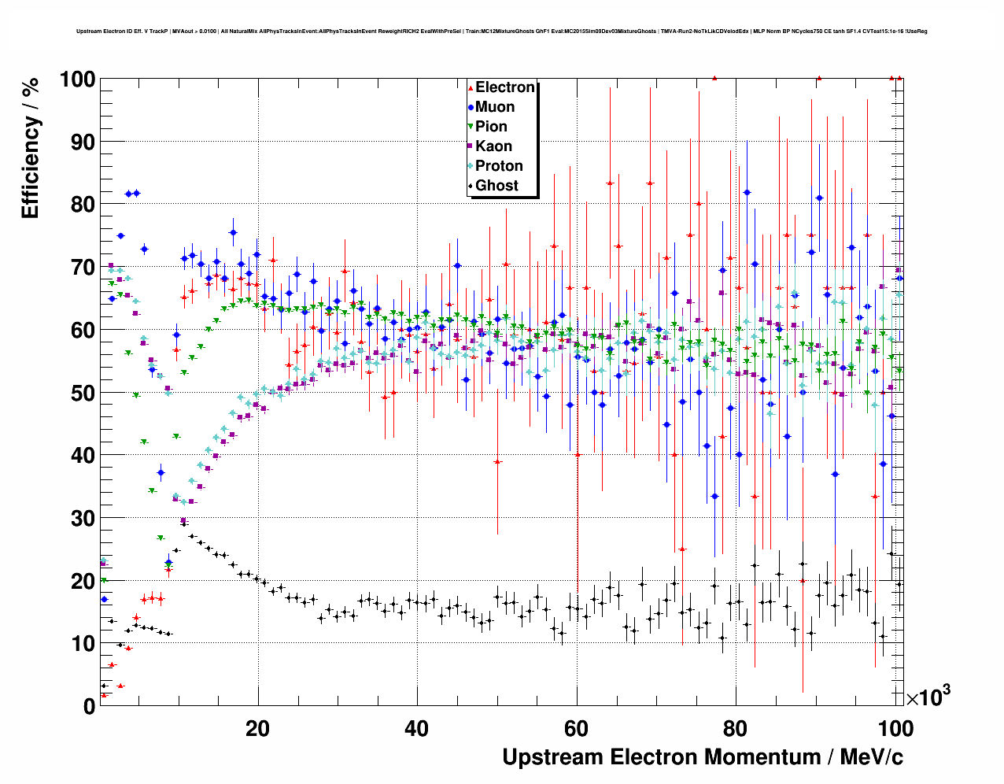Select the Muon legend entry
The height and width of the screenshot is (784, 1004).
pos(495,107)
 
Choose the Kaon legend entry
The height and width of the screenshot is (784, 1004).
pos(493,146)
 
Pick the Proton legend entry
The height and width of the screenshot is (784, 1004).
pos(499,166)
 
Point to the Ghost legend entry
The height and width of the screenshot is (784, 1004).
pos(496,186)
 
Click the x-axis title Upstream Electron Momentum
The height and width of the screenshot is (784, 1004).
pos(702,757)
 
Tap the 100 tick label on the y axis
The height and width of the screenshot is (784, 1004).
pos(77,80)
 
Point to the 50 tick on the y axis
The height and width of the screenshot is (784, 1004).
pos(83,393)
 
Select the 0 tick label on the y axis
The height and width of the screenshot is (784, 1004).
pos(89,706)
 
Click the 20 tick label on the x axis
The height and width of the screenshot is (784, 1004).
pos(258,728)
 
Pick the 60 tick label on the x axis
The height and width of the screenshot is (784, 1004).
pos(577,728)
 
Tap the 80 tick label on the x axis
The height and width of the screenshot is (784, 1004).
pos(736,728)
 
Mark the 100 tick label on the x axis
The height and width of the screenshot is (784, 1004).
pos(895,728)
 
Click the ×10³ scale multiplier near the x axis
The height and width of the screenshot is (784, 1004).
pos(928,697)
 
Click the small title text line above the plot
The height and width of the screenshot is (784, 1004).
pos(501,31)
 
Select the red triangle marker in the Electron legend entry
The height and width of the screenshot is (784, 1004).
pos(471,87)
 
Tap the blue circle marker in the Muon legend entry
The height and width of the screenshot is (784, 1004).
pos(471,107)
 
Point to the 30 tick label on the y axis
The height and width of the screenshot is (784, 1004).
pos(83,518)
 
